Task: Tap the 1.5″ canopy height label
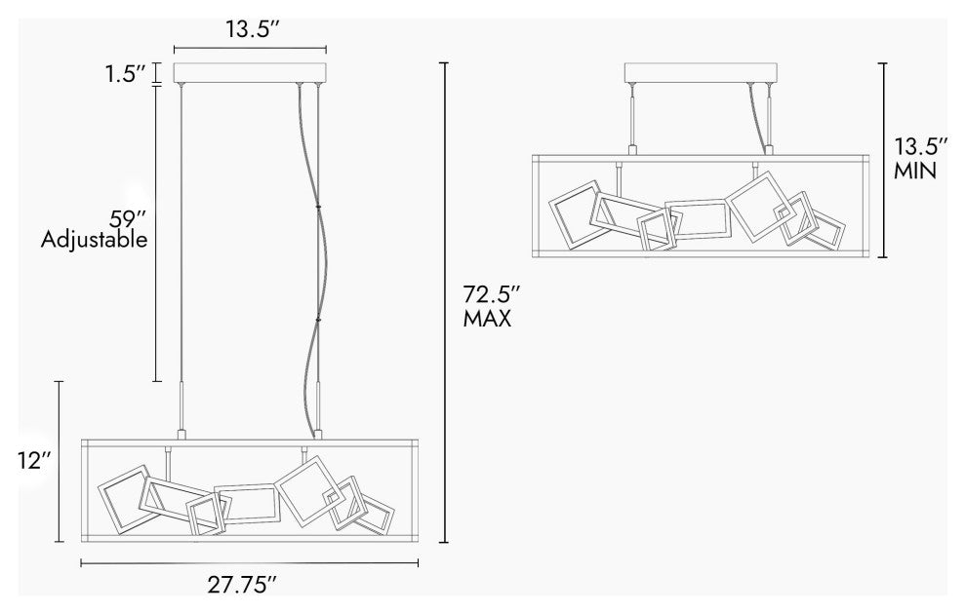point(126,74)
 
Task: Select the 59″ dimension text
point(128,218)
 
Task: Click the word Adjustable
point(95,240)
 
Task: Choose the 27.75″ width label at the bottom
point(242,584)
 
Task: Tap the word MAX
point(487,319)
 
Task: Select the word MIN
point(915,171)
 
